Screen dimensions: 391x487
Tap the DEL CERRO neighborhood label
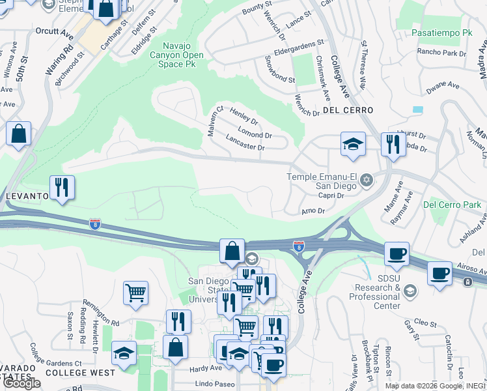coord(346,110)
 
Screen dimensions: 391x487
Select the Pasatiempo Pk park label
coord(442,32)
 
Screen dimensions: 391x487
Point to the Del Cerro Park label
coord(452,205)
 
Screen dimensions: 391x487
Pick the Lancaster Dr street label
coord(245,147)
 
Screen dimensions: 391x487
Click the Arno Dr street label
coord(313,210)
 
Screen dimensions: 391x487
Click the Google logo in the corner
coord(21,383)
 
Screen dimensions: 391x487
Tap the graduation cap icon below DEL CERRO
coord(352,144)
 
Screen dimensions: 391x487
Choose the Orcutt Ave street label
coord(55,29)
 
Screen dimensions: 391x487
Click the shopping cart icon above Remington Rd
coord(135,293)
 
